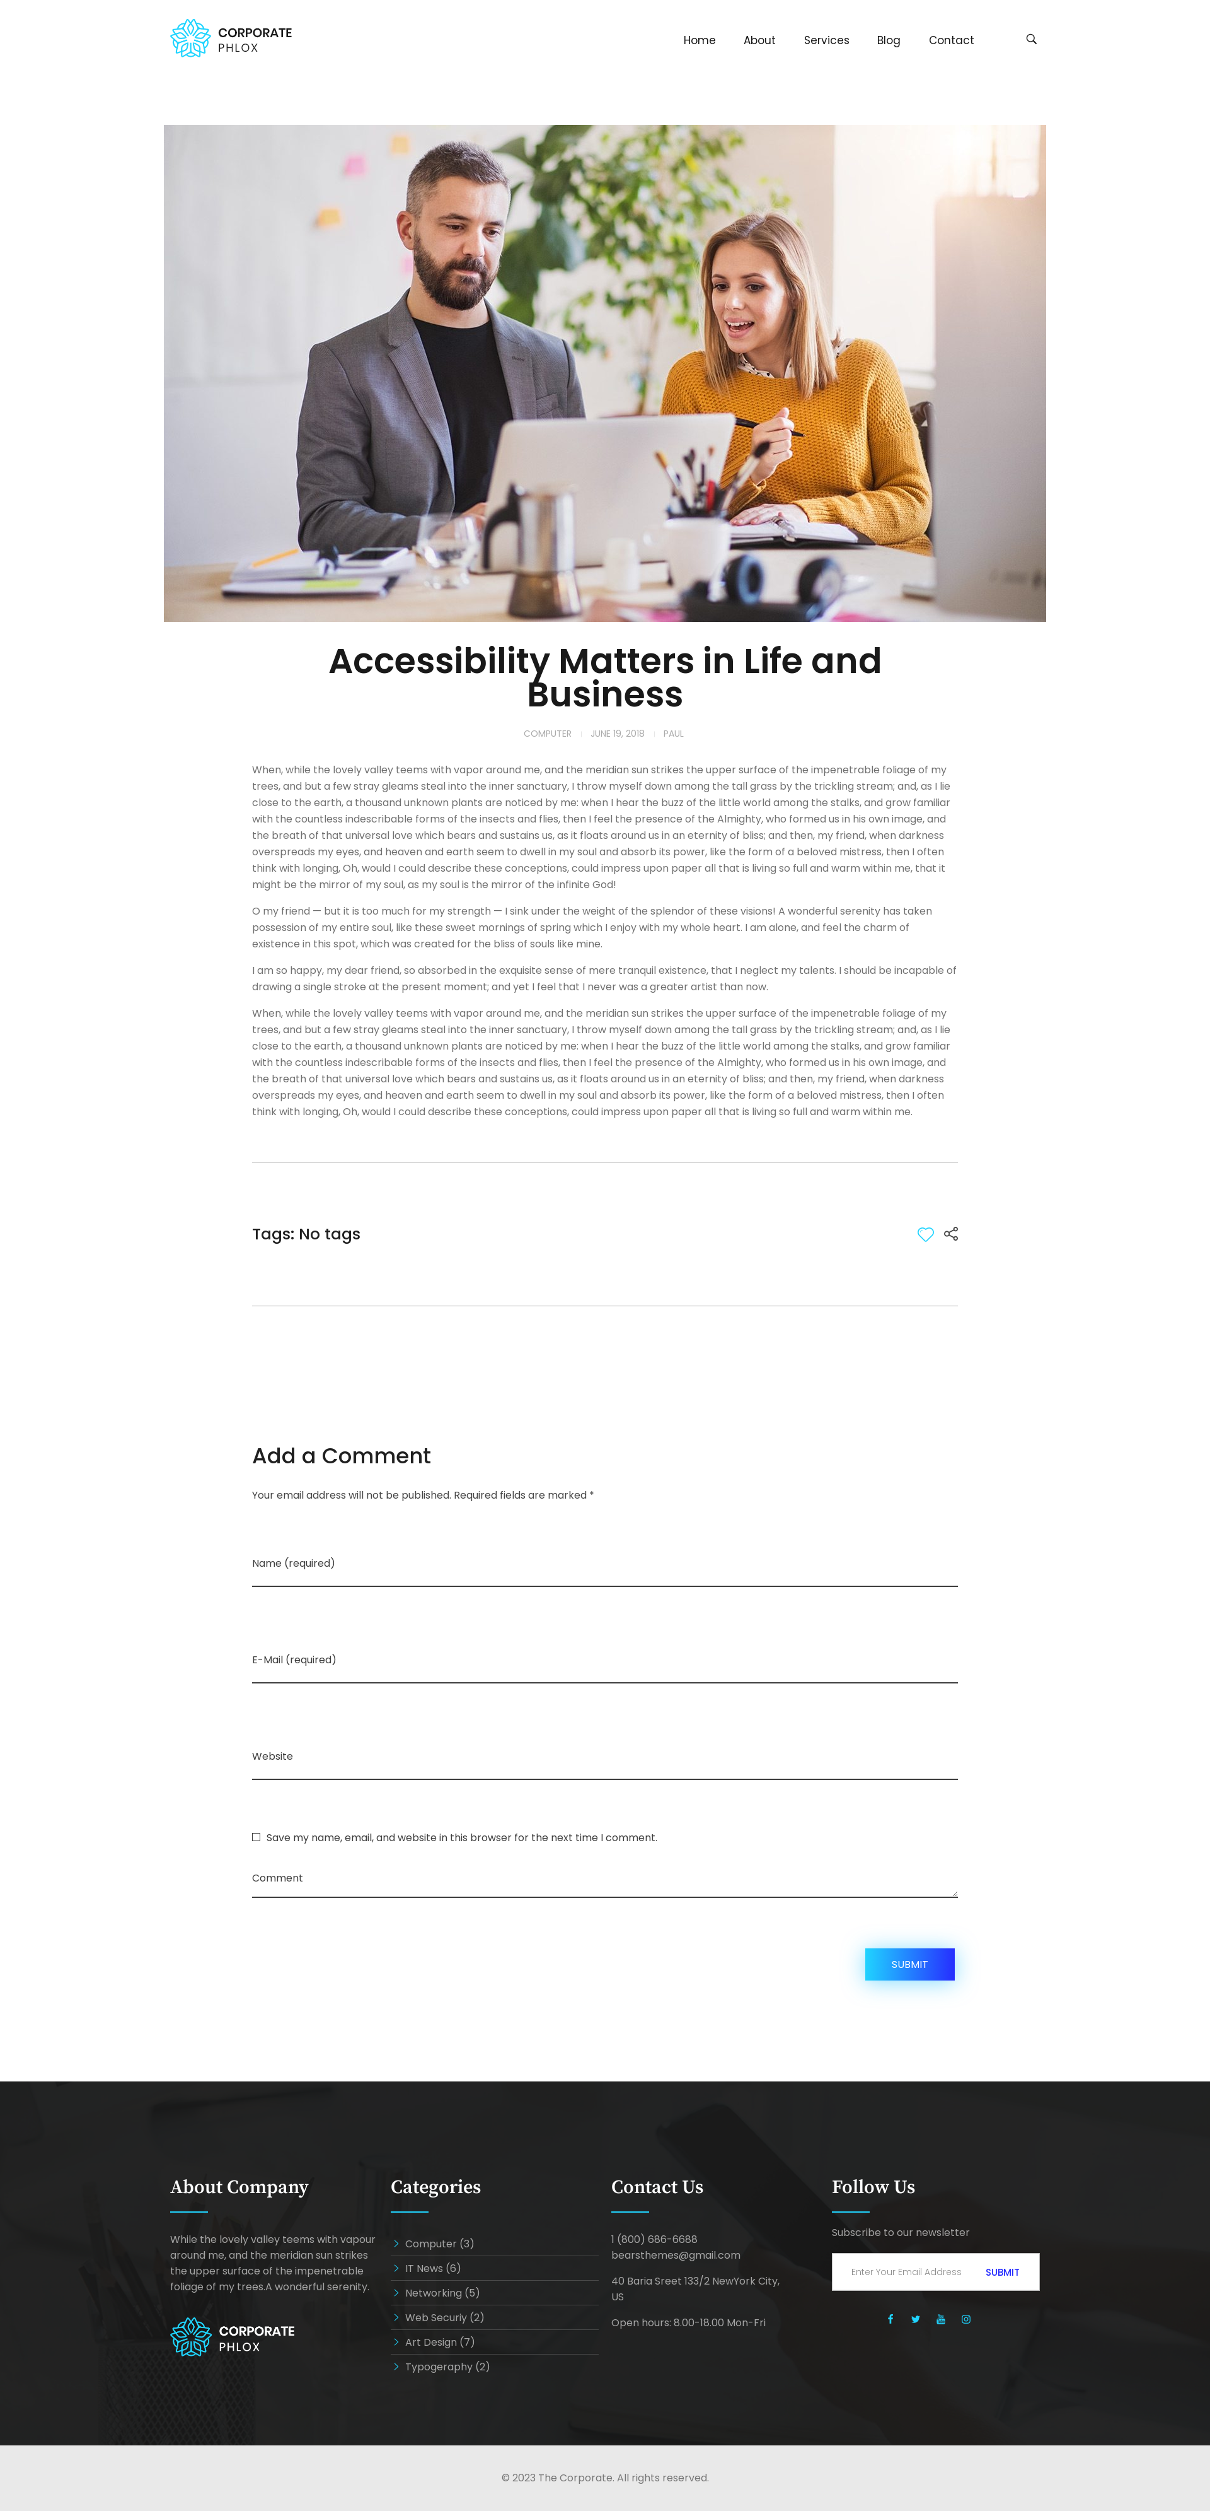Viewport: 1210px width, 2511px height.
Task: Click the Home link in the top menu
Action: point(698,40)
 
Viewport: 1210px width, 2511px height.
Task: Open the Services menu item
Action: point(825,40)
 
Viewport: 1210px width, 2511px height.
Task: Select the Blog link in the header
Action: point(887,40)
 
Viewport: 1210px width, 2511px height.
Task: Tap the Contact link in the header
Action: point(950,40)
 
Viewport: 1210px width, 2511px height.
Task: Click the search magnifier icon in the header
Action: point(1031,39)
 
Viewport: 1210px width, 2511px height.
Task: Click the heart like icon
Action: point(925,1234)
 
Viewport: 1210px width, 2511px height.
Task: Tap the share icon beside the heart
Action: point(951,1234)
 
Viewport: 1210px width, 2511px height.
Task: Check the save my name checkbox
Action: point(256,1837)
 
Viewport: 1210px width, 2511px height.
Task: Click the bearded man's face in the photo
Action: point(459,234)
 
